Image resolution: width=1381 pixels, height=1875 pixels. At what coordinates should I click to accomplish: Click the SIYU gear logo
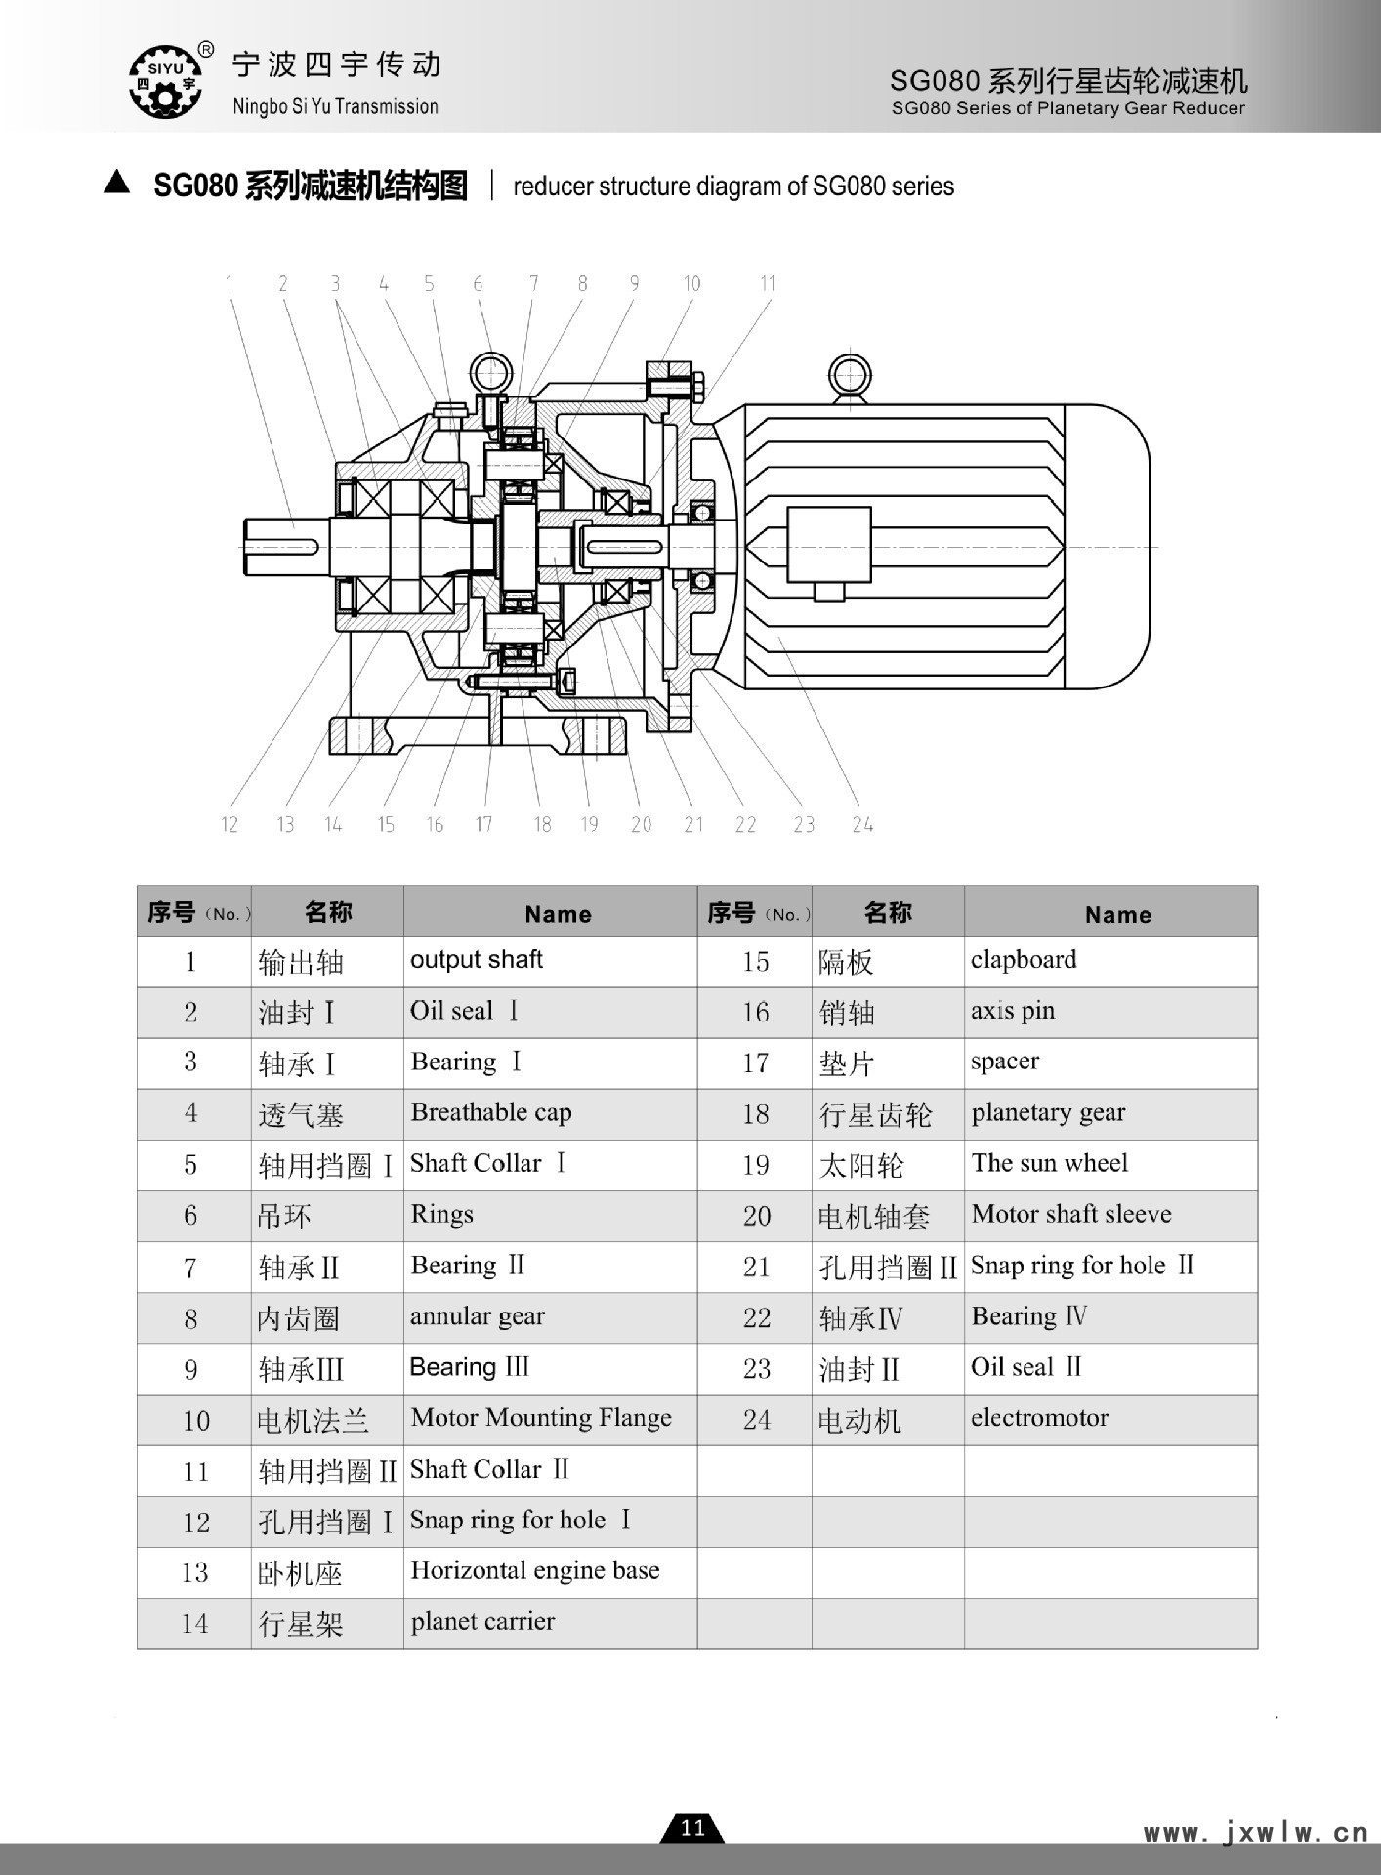(165, 81)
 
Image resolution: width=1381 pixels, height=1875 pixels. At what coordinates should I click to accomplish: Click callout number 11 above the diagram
(768, 283)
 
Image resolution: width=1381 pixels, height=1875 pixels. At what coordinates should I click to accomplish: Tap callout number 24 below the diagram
(861, 825)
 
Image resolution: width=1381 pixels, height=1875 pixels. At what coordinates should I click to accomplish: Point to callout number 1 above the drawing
(230, 283)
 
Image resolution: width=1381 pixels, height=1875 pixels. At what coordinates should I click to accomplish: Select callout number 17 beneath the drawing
(483, 825)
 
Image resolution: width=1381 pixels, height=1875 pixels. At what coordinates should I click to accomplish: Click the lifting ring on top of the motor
(850, 375)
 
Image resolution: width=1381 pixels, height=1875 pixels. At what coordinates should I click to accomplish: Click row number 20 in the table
(757, 1216)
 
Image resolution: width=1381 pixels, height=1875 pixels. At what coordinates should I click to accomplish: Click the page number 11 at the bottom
(692, 1828)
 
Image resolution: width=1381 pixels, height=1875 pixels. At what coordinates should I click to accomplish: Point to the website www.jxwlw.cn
(1256, 1833)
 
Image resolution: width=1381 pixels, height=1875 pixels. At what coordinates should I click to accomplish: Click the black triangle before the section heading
(117, 183)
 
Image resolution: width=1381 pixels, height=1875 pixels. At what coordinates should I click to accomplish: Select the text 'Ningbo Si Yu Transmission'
(335, 106)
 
